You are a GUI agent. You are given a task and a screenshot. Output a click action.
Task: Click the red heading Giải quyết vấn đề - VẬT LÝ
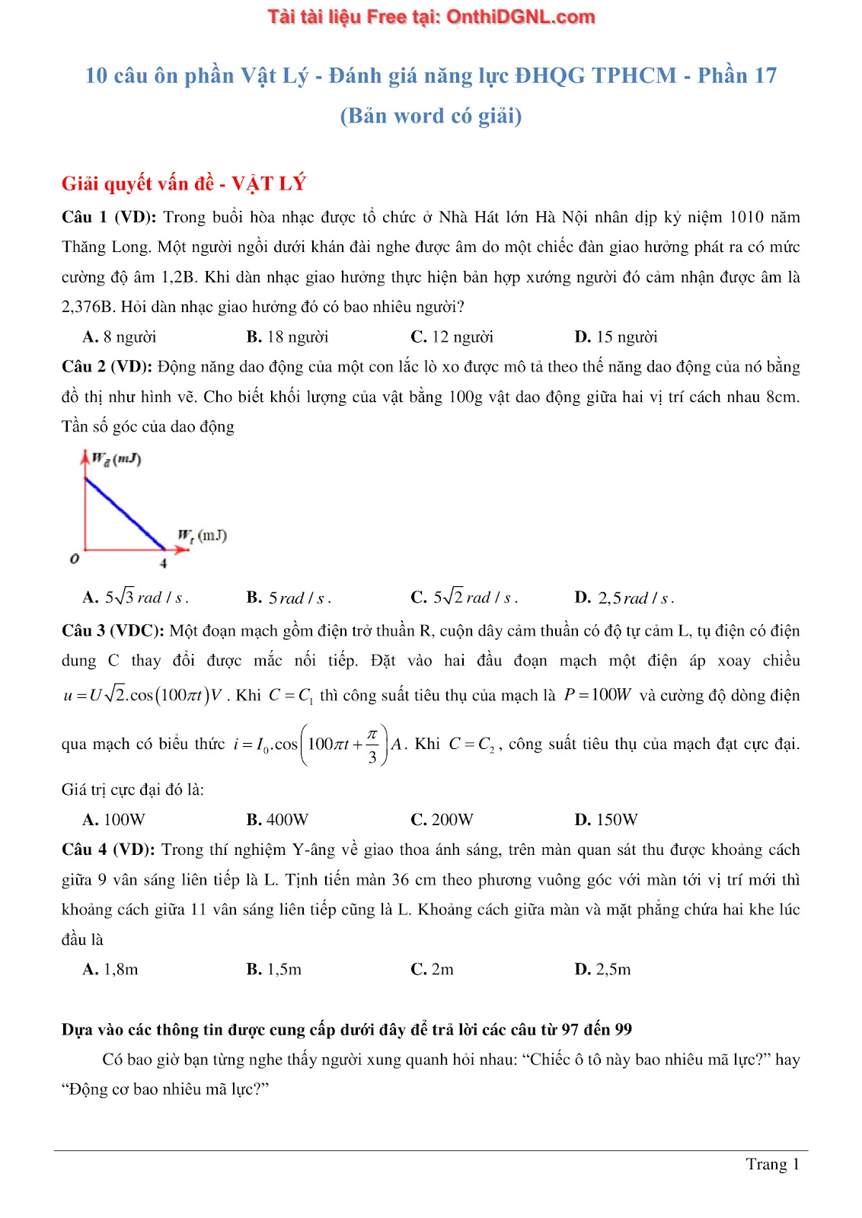tap(184, 183)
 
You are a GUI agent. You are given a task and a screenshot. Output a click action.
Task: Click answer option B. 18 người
tap(287, 337)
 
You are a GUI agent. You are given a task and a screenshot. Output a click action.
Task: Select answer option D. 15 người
tap(615, 337)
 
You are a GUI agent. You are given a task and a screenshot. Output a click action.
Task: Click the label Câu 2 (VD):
tap(107, 367)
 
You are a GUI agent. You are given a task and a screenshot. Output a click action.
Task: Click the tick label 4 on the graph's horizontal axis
tap(163, 563)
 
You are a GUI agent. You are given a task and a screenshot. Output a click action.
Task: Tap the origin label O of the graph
tap(74, 560)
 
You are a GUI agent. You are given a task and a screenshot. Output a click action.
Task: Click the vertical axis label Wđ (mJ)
tap(116, 459)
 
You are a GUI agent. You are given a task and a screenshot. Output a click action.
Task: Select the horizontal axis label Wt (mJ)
tap(202, 536)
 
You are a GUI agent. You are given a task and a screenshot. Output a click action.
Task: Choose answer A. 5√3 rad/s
tap(136, 598)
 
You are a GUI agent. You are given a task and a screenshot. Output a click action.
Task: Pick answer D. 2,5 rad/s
tap(624, 598)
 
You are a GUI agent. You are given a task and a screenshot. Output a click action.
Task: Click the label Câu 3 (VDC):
tap(113, 631)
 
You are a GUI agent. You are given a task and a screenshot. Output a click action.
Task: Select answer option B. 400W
tap(277, 820)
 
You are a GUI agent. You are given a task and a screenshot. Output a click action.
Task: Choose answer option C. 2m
tap(432, 970)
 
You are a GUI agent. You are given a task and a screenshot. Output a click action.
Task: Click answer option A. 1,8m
tap(110, 970)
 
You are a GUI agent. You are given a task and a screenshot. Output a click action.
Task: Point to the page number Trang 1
tap(772, 1164)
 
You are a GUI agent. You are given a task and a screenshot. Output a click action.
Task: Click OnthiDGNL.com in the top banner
tap(520, 17)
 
